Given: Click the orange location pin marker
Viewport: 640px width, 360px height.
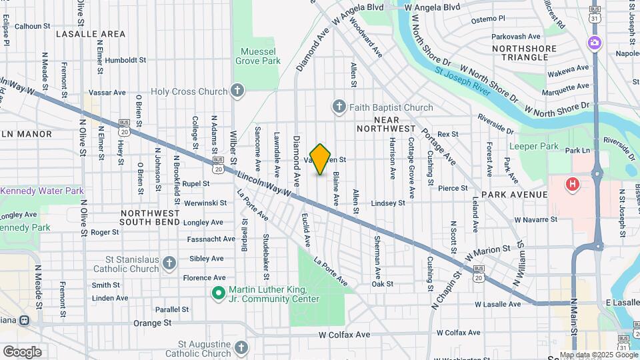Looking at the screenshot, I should point(320,159).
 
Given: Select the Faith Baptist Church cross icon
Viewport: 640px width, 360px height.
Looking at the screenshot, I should point(339,107).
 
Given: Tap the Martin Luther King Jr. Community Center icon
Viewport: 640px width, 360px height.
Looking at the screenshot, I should point(218,293).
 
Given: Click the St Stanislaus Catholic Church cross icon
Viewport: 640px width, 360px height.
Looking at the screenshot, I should point(170,263).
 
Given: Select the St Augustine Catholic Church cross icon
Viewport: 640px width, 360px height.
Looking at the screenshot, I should point(241,347).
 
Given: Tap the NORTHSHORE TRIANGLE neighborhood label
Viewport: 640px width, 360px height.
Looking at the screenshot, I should point(529,53).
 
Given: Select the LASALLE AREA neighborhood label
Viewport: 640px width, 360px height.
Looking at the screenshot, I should point(91,33).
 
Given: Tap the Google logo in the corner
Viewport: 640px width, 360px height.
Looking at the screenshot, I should point(22,351).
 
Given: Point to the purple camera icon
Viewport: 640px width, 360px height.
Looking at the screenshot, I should point(594,43).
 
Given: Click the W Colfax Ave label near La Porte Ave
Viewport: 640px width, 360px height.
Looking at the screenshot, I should point(344,334).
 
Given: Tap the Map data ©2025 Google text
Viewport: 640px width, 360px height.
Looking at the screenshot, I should point(598,355).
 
